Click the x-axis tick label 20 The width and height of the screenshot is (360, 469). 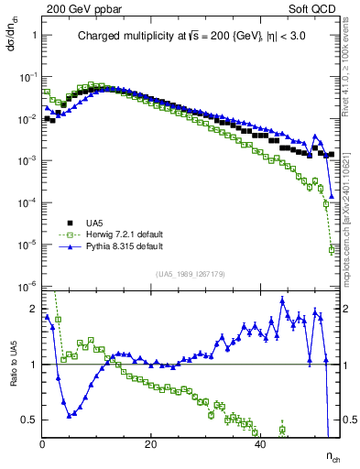click(151, 443)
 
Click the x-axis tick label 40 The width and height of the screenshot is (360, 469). click(259, 443)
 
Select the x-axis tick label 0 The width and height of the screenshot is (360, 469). click(43, 443)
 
